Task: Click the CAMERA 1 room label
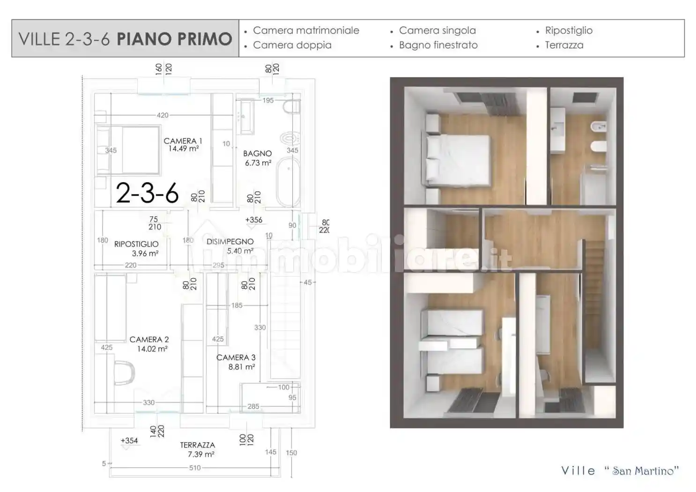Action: [183, 141]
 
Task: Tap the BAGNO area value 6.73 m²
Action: [258, 163]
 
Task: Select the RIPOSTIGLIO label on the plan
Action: [136, 244]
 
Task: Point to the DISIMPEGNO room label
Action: [230, 242]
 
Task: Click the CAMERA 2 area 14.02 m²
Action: [152, 349]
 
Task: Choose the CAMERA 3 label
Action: [236, 358]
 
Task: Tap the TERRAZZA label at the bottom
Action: [198, 445]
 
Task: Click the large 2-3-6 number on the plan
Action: [147, 193]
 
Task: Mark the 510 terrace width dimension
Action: [195, 468]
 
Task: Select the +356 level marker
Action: [253, 220]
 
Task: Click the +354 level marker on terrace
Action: [129, 440]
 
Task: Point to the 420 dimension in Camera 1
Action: [163, 115]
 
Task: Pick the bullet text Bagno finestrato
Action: [438, 45]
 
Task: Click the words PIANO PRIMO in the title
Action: [174, 39]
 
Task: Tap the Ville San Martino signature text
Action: [620, 471]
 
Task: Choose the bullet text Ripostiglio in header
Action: [569, 30]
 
